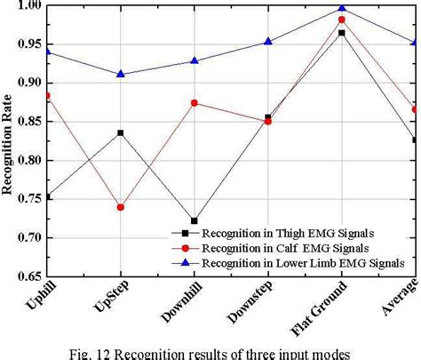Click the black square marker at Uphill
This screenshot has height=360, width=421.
(47, 196)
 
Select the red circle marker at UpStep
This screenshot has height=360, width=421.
(121, 207)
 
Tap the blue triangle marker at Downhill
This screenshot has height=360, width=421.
(195, 60)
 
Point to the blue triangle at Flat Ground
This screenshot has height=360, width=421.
(342, 8)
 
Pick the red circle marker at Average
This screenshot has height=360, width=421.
(415, 109)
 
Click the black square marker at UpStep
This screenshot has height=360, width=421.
(121, 132)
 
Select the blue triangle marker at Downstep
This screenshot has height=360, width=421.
(268, 41)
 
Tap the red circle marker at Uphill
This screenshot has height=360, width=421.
(47, 95)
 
